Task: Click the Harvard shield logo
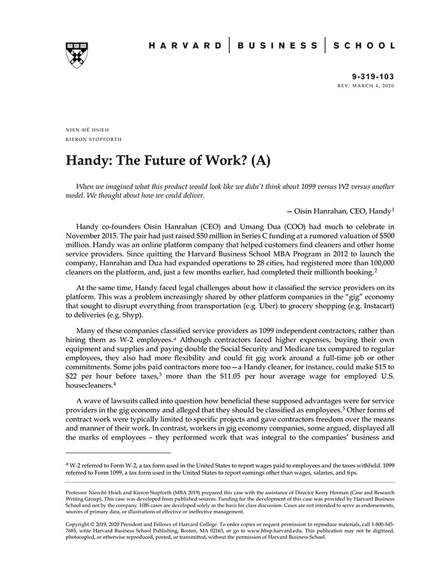coord(77,56)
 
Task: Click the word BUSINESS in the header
coord(277,46)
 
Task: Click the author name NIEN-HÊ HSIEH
coord(84,129)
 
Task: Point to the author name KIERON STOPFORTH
coord(94,138)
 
